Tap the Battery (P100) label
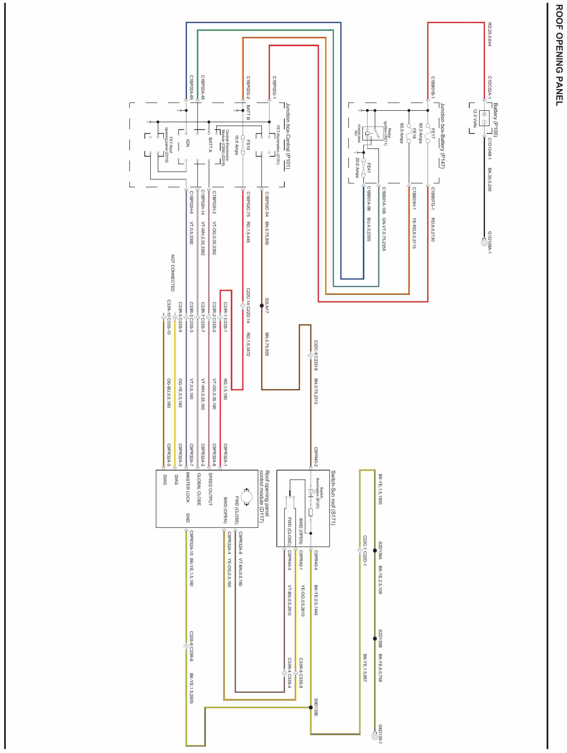[495, 120]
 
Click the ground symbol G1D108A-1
[484, 243]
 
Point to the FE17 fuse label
[433, 131]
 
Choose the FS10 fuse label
[248, 144]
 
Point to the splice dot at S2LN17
[261, 306]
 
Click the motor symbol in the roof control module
[245, 496]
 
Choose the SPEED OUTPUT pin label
[210, 489]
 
